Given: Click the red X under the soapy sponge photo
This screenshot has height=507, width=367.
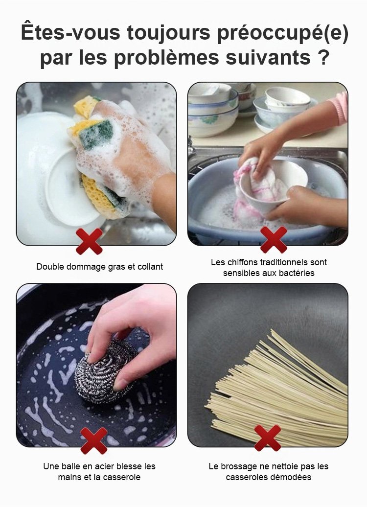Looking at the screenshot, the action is (89, 241).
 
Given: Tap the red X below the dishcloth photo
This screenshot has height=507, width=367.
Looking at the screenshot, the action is (274, 240).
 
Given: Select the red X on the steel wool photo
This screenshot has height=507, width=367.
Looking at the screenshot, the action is (94, 441).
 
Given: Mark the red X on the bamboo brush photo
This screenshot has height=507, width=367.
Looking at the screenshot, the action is (267, 438).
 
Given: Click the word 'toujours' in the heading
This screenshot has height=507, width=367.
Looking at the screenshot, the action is (168, 32).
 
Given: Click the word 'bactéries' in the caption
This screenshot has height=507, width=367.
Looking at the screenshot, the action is (295, 273).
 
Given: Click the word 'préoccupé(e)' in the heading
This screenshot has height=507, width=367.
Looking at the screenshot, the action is (283, 33).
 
